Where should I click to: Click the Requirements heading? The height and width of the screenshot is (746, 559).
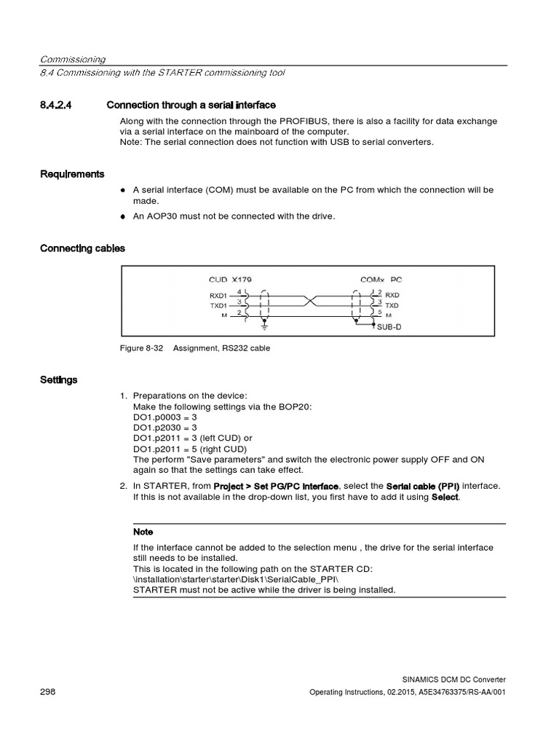72,174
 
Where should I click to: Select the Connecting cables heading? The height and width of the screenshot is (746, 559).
82,248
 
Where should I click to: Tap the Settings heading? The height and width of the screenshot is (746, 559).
59,380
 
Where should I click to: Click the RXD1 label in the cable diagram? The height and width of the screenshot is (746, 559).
219,295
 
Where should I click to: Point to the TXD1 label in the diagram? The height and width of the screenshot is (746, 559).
219,305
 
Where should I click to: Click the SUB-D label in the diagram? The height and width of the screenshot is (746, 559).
389,327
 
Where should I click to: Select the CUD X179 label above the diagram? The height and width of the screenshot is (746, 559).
230,279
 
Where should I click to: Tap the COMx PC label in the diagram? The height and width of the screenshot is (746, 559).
381,279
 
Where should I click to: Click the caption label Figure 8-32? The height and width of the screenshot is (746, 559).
142,348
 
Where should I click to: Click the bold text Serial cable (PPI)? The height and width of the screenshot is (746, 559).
422,486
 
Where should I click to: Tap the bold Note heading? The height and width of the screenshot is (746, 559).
143,532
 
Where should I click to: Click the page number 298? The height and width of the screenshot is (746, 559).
48,691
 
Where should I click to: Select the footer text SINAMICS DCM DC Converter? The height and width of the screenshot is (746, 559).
453,678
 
